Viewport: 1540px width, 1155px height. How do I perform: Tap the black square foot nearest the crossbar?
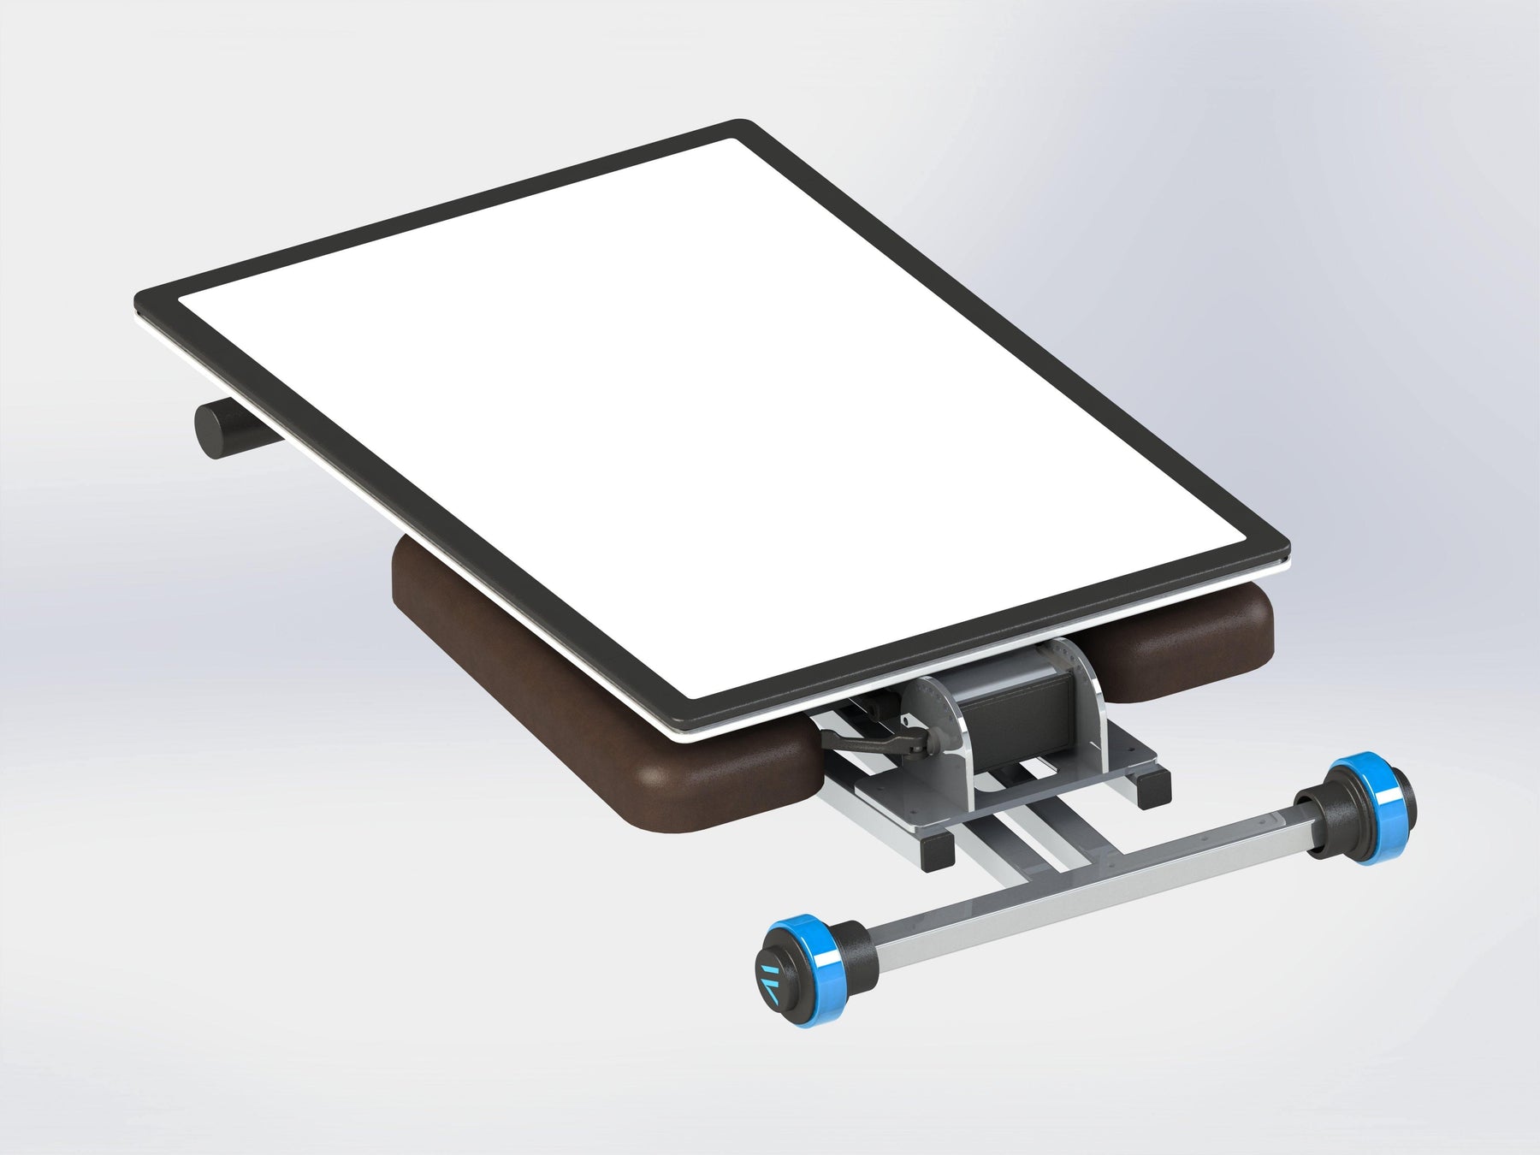pos(939,849)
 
